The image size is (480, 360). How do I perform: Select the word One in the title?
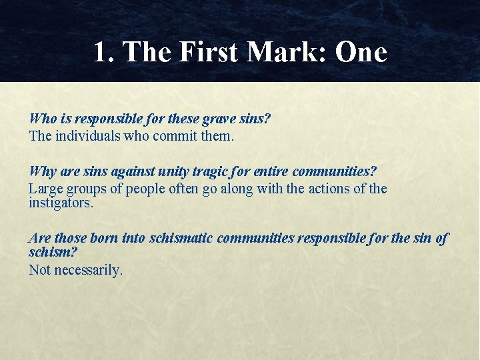point(361,53)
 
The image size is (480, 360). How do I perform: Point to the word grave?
point(221,119)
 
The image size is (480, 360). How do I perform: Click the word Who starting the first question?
point(43,119)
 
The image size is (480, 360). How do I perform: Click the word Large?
point(45,189)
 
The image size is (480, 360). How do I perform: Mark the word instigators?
point(61,203)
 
